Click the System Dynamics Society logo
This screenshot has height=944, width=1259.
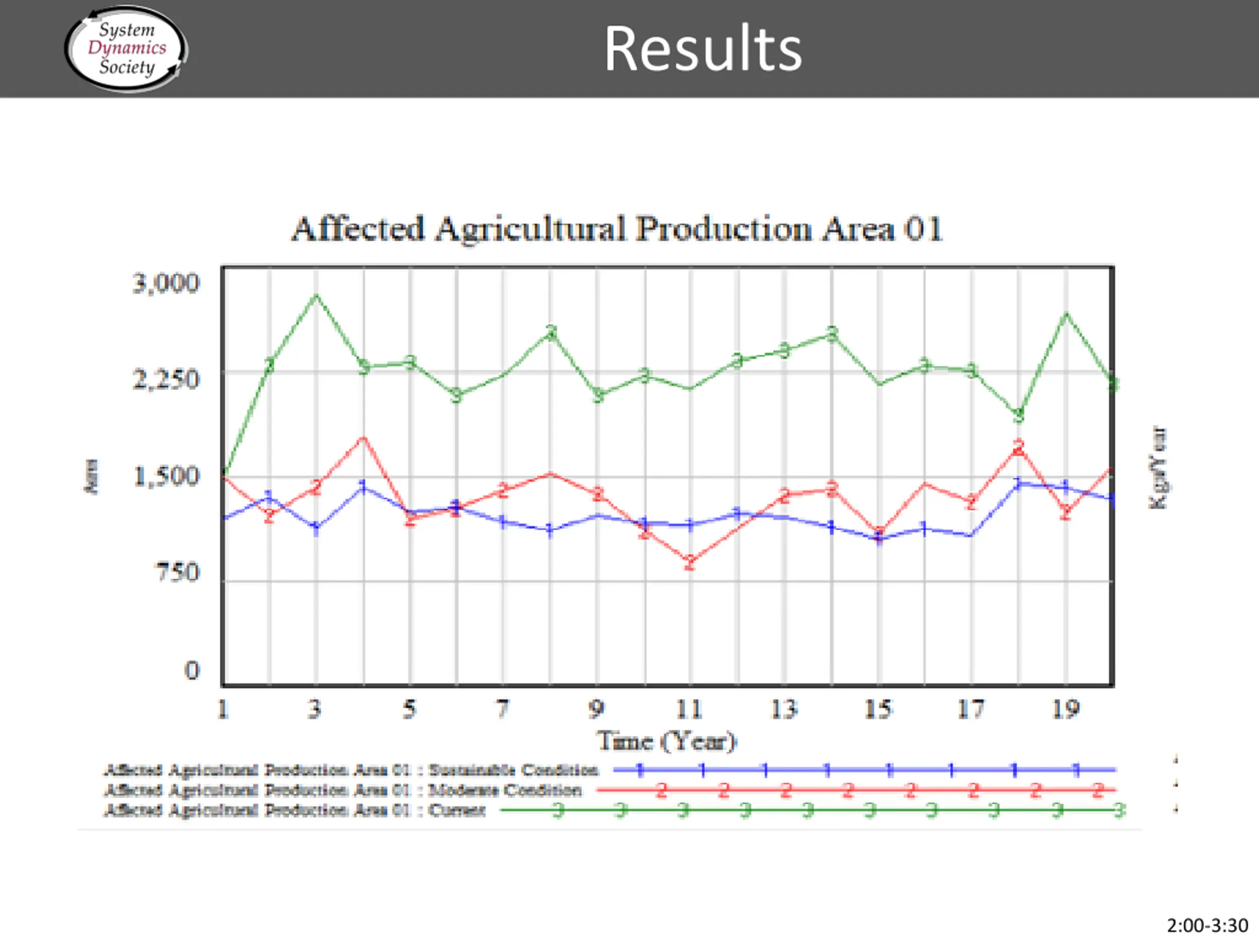pos(126,48)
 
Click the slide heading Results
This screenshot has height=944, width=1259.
pos(702,50)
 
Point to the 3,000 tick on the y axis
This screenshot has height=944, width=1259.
pos(166,283)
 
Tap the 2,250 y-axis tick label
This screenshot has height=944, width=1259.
pos(166,379)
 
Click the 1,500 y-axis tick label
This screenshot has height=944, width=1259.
pos(166,476)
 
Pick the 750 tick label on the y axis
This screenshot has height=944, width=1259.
pos(178,572)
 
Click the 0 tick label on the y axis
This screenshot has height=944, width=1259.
pos(192,670)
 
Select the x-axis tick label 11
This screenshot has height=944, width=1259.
pos(689,709)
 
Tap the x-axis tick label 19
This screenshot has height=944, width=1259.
pos(1065,709)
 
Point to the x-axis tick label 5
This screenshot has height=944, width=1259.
pos(409,709)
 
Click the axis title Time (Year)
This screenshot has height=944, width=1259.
pos(666,741)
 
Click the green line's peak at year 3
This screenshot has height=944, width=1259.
pos(316,295)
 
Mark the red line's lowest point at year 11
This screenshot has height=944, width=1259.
pos(690,562)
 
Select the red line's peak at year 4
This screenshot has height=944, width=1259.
pos(363,438)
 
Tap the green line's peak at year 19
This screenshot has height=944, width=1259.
pos(1066,314)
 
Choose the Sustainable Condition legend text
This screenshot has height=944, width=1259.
pos(512,770)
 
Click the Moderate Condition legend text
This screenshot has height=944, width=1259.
pos(504,790)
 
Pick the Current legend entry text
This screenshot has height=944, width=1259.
pos(456,810)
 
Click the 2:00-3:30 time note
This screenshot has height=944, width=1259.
pos(1207,926)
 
